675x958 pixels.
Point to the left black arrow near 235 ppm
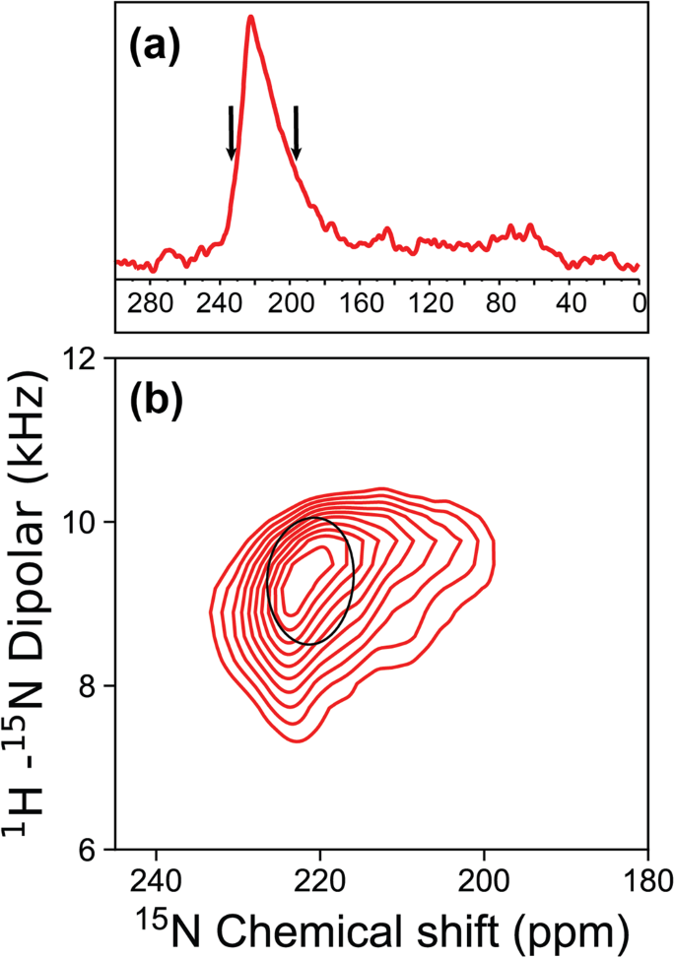click(x=231, y=133)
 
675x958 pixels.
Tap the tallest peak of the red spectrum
click(x=251, y=18)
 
